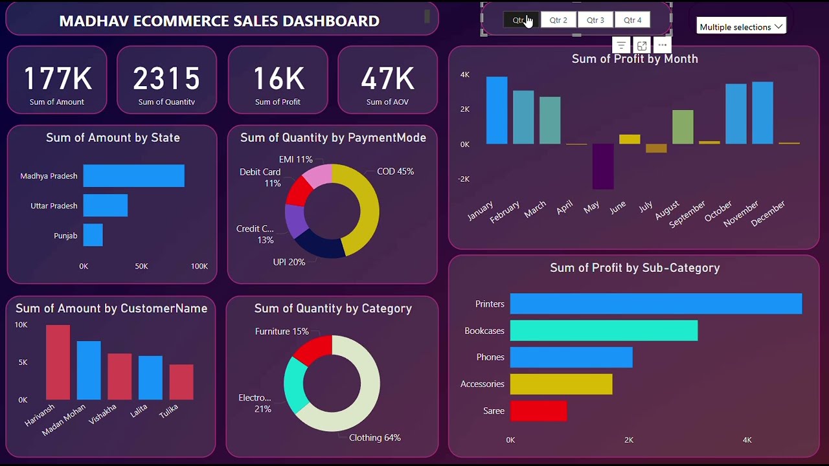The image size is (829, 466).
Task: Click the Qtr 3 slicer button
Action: pos(595,20)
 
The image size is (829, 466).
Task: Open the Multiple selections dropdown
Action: pos(741,27)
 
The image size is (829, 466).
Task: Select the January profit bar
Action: pos(497,110)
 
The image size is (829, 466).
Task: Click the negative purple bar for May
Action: pos(603,166)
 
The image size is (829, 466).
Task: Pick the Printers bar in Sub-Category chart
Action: pos(655,304)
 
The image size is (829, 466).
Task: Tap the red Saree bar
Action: pos(538,411)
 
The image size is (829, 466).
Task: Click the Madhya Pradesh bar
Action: pos(133,176)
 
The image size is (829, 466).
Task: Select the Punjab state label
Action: pos(65,236)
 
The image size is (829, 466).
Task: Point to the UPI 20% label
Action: pos(289,262)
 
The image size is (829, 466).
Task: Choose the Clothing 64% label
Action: pos(374,438)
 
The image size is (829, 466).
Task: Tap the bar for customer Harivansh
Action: pos(58,362)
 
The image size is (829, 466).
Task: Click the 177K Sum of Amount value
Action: pos(57,78)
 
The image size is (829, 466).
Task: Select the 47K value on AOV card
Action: pos(387,78)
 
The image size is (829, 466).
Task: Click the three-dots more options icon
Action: pos(661,45)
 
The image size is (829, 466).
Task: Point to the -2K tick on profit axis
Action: pos(464,179)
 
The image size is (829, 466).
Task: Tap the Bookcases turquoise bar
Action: pos(604,331)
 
